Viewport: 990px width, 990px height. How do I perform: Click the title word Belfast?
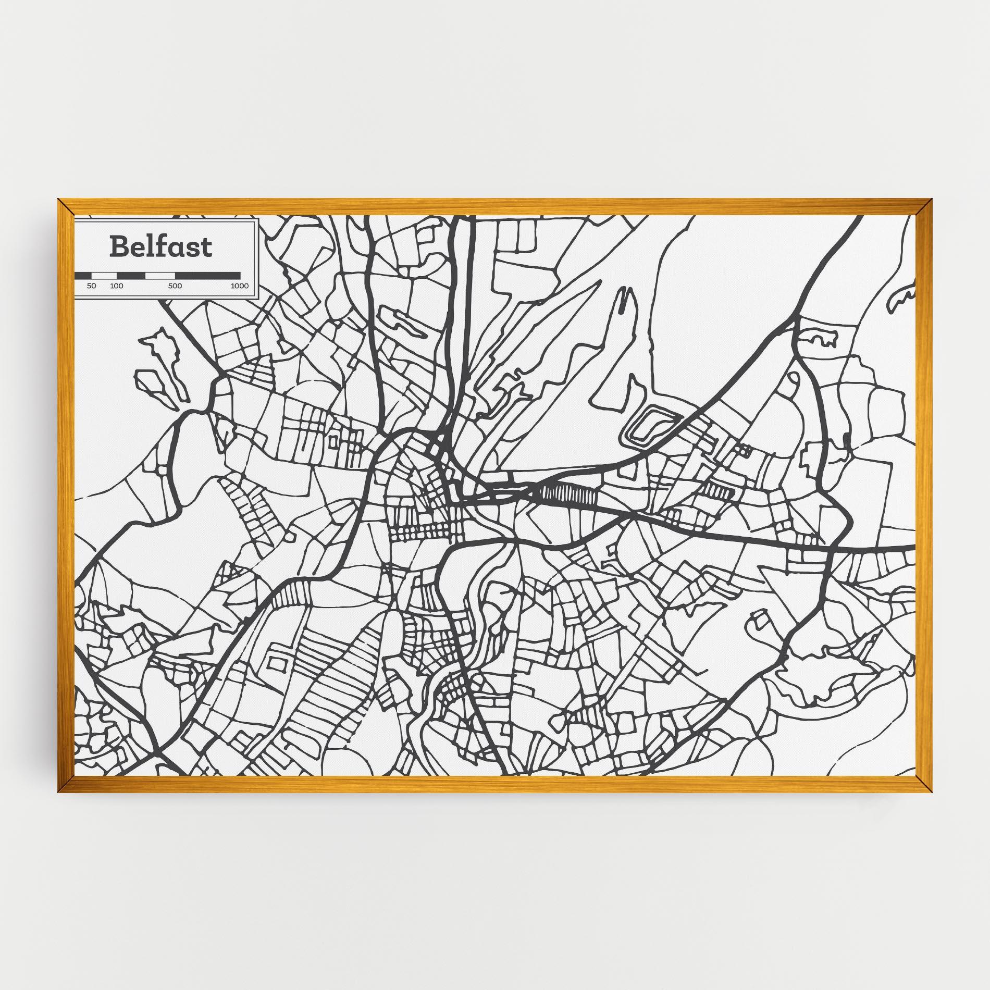[x=160, y=247]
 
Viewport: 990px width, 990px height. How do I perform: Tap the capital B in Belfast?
[x=119, y=247]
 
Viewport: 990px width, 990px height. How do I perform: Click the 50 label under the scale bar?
[x=92, y=286]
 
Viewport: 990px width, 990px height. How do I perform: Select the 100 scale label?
[x=117, y=286]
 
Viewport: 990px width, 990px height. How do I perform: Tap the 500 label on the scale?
[x=175, y=286]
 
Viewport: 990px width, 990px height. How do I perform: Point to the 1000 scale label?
[x=240, y=286]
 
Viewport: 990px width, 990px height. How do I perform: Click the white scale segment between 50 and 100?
[x=104, y=275]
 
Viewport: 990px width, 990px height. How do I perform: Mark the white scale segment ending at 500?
[x=160, y=275]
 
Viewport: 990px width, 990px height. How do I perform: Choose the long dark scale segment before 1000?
[x=208, y=275]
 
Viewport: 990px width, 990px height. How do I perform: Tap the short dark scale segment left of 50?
[x=83, y=275]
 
